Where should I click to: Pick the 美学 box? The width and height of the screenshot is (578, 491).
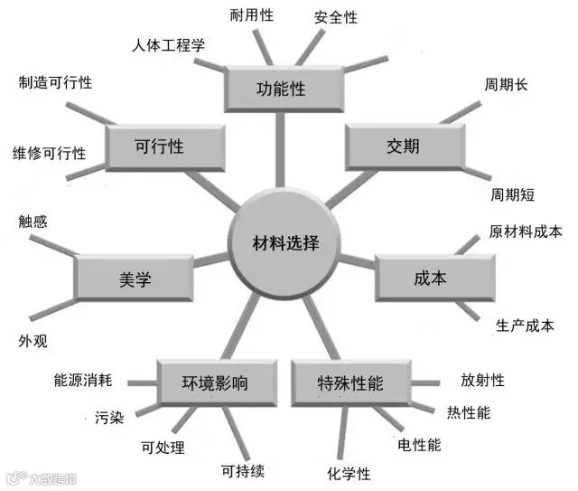coord(134,279)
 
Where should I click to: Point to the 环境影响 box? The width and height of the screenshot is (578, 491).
coord(216,382)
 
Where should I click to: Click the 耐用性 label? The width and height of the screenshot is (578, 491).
coord(252,15)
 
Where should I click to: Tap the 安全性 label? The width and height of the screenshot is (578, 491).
coord(336,17)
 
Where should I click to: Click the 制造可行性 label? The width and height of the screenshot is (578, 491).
coord(55,82)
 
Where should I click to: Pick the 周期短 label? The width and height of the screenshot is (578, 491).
coord(513,194)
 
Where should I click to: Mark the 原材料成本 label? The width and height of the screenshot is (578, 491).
coord(526,231)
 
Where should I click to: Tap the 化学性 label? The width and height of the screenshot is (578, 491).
coord(349,474)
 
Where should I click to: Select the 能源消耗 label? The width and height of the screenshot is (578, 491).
coord(82,382)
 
